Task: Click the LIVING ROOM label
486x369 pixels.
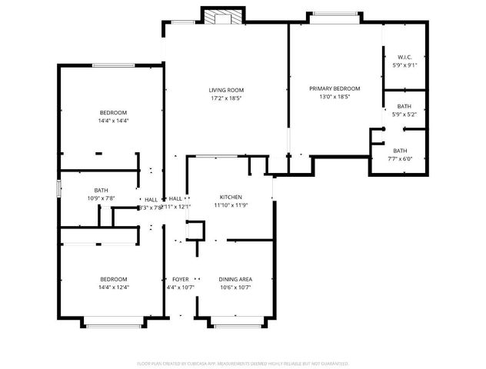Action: click(x=225, y=89)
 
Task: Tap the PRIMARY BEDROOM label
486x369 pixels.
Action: click(x=335, y=88)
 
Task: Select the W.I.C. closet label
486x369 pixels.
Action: click(x=405, y=58)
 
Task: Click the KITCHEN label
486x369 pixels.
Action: click(x=231, y=197)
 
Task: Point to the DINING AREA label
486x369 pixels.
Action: click(x=235, y=279)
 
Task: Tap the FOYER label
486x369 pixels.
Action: click(x=181, y=279)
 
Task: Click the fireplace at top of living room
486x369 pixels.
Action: click(x=223, y=15)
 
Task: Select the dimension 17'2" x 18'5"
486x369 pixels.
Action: click(x=225, y=98)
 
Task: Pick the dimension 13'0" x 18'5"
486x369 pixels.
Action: click(x=335, y=98)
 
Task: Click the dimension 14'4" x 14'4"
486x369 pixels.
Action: click(x=113, y=121)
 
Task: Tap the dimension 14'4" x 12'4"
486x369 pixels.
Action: click(x=113, y=288)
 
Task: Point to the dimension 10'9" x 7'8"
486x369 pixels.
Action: click(x=102, y=199)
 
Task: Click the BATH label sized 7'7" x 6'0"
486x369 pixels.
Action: click(x=401, y=151)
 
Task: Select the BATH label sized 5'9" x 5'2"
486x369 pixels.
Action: click(x=404, y=106)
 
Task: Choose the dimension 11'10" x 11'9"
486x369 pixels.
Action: click(x=231, y=205)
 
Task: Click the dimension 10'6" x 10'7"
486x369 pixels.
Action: click(x=235, y=288)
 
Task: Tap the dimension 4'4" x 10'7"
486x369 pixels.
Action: click(x=181, y=288)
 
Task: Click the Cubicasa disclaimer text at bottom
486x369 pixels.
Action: click(x=243, y=363)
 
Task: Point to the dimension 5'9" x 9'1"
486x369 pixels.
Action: click(x=405, y=66)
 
